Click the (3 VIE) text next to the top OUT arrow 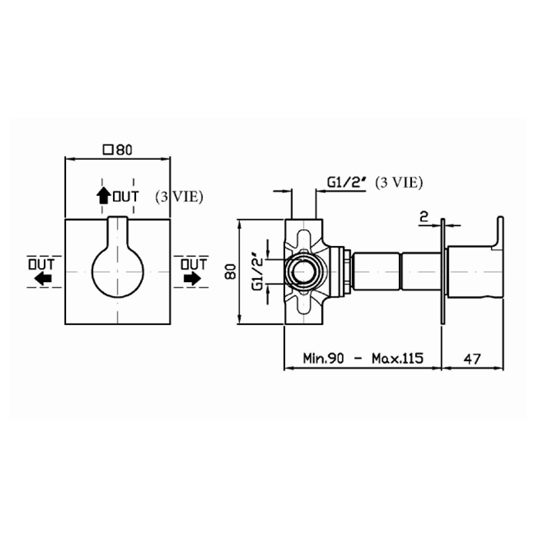178,196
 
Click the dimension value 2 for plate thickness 423,216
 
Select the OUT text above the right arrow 193,264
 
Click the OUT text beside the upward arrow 125,197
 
